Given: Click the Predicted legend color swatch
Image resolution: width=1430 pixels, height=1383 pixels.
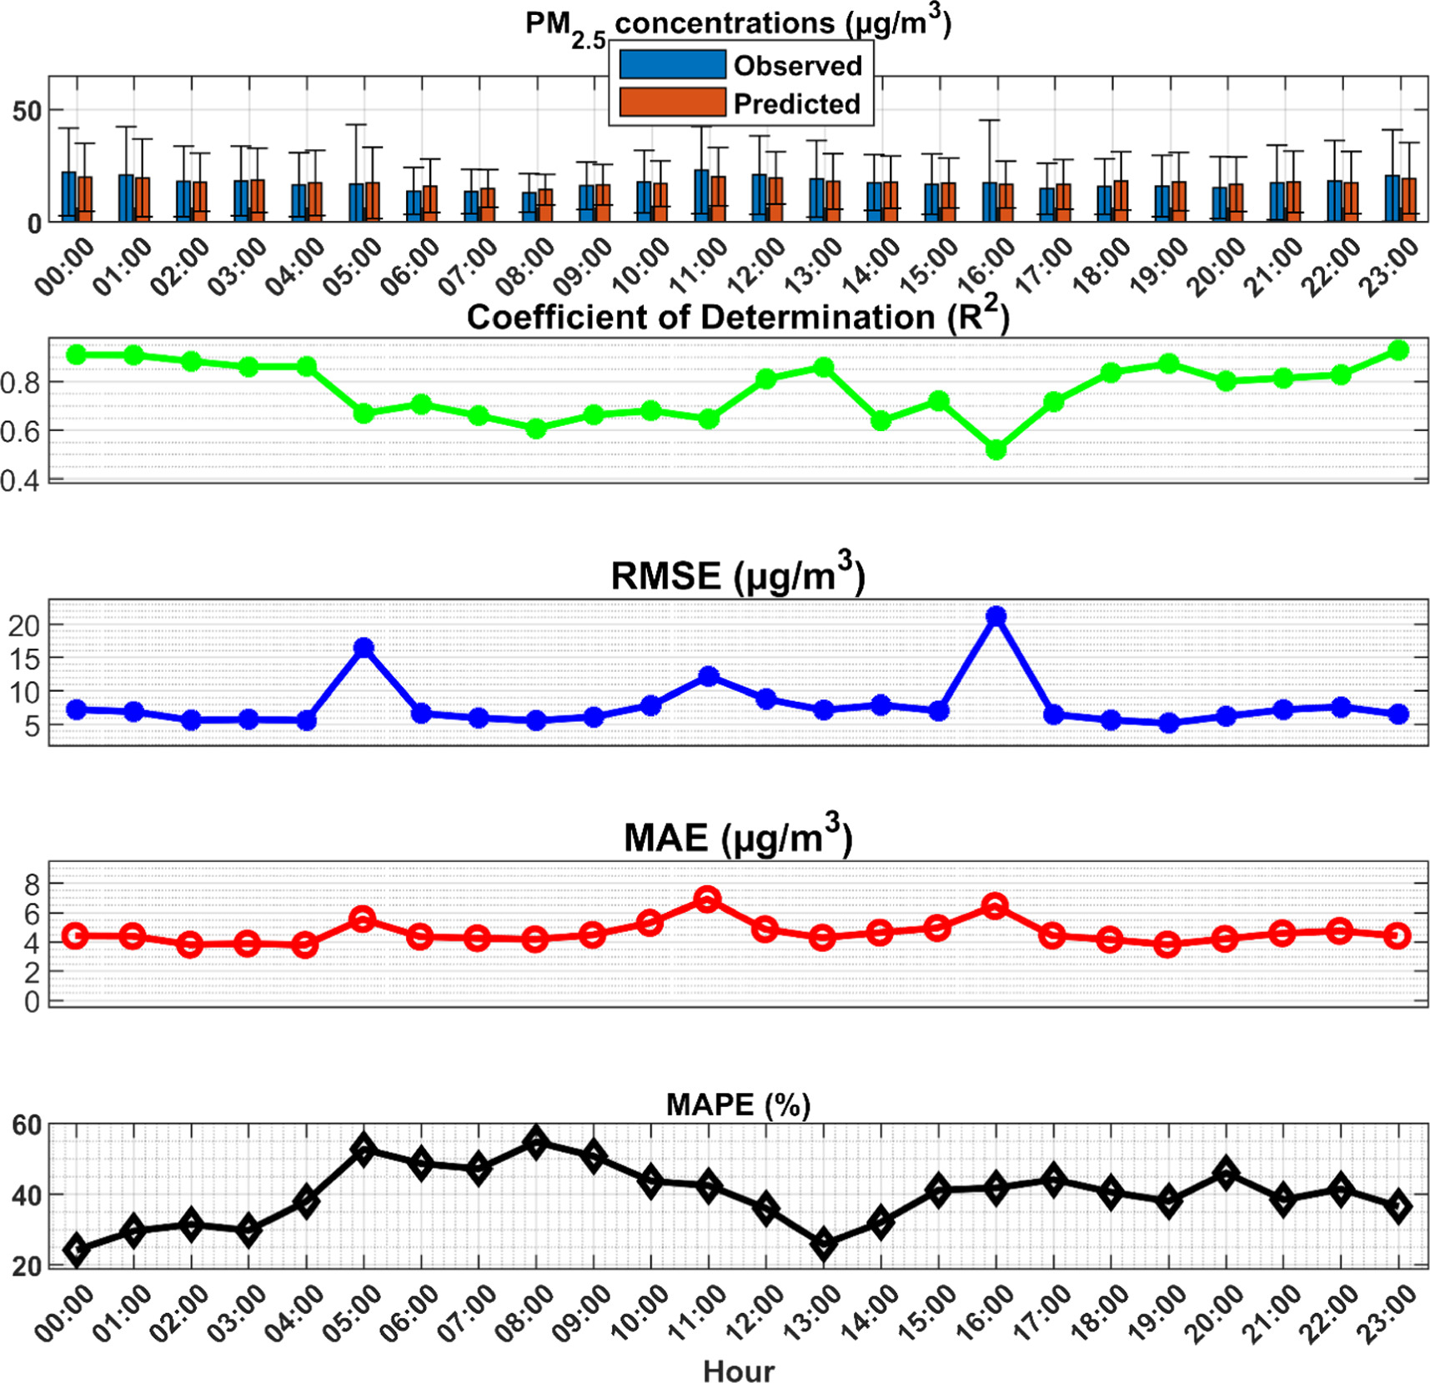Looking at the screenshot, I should [672, 103].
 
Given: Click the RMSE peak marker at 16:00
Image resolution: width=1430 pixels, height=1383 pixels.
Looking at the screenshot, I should [996, 616].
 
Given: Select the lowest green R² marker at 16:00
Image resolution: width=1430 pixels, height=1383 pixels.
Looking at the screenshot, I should [996, 450].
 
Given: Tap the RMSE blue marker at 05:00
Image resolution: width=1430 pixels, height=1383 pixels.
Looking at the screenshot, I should [364, 648].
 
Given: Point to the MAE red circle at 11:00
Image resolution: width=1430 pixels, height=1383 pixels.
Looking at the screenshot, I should [708, 899].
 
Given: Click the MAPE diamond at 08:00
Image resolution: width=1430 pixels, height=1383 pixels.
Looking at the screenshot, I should [536, 1141].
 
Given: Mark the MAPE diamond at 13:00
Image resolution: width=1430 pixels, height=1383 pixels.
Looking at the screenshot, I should [824, 1245].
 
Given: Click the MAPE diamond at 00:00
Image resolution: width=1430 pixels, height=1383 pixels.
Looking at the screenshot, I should [77, 1250].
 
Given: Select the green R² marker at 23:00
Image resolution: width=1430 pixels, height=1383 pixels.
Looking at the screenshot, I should [1398, 350].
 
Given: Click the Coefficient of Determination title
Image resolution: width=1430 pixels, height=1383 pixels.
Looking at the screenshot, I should [737, 318].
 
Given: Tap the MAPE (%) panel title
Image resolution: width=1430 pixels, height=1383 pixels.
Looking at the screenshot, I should [738, 1105].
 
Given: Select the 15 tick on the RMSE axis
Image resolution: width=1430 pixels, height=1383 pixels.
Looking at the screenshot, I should [24, 659].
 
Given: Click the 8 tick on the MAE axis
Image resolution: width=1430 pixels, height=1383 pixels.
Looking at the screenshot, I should [33, 884].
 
